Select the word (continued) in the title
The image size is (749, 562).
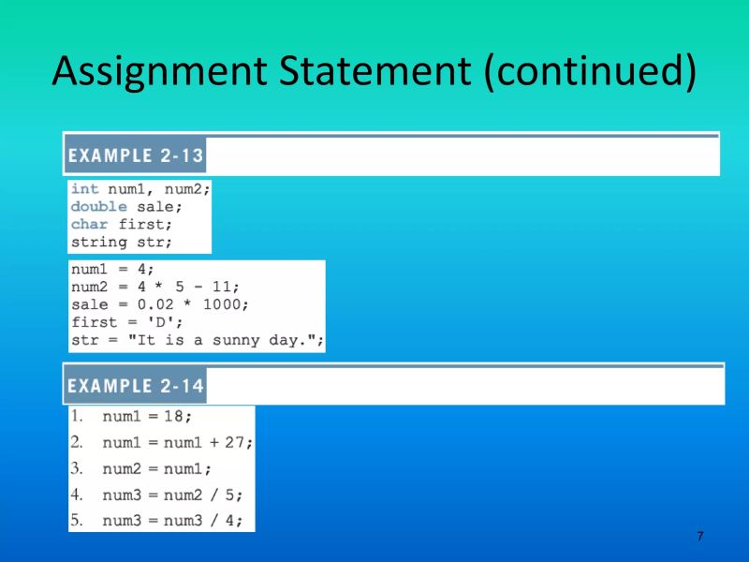coord(589,72)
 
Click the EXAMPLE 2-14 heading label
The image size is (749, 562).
coord(135,386)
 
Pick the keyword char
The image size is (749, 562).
coord(89,224)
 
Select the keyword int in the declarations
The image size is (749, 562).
coord(84,188)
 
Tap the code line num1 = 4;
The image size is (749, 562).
coord(107,270)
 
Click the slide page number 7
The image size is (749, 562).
coord(700,536)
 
